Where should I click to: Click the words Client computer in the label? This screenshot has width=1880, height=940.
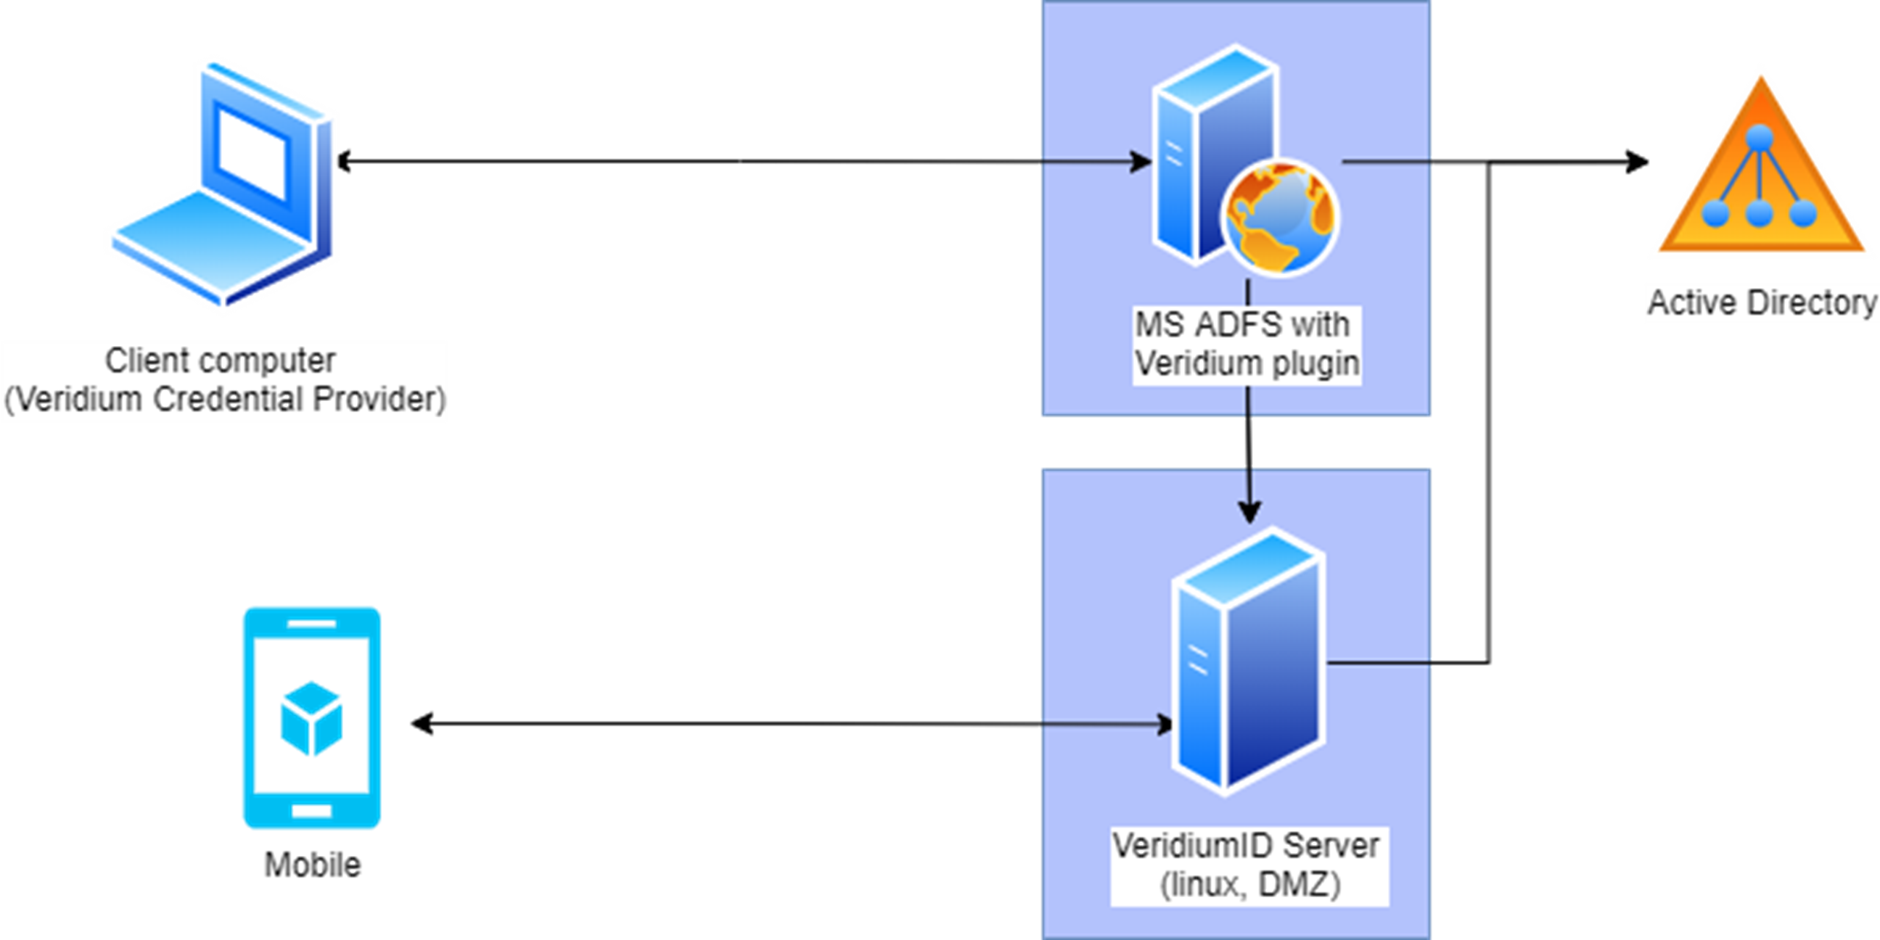[220, 360]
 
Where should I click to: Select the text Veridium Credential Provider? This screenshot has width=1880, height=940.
[225, 399]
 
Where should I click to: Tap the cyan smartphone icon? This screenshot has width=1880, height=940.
[311, 717]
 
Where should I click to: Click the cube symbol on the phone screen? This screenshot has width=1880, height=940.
[311, 719]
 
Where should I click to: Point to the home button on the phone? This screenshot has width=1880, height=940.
[311, 810]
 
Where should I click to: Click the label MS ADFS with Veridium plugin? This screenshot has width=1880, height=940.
[1247, 344]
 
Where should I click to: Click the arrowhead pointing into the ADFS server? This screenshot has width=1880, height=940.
[1141, 160]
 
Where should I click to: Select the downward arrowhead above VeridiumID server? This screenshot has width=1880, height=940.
[1249, 511]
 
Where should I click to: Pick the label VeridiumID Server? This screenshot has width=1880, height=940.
[1246, 846]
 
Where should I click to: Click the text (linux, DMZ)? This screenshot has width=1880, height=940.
[1250, 886]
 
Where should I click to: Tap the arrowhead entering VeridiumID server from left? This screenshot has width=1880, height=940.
[1163, 725]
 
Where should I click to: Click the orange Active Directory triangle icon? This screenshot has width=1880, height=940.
[1760, 175]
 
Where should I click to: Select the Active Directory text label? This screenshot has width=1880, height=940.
[1762, 303]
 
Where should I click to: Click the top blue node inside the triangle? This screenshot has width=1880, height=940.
[1760, 136]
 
